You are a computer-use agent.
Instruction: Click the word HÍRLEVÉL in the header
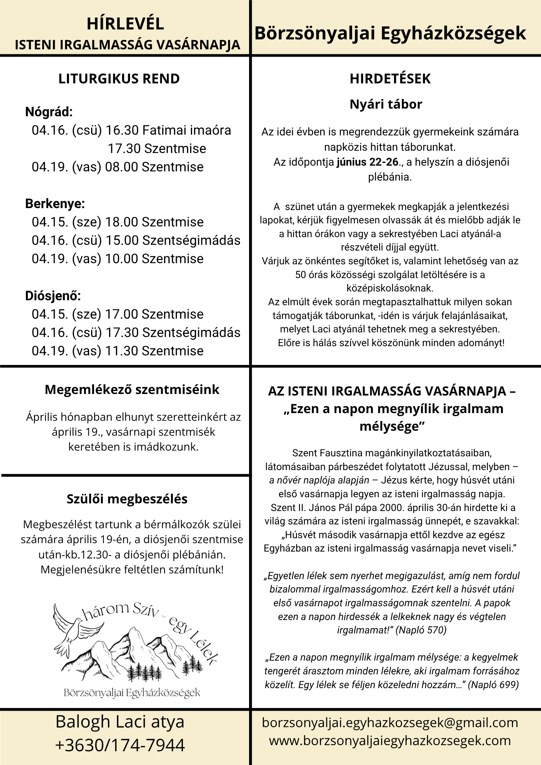tap(125, 24)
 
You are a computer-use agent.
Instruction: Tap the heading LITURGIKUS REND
tap(119, 79)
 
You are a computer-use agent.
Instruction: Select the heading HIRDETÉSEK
tap(390, 79)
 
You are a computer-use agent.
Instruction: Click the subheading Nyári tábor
tap(386, 104)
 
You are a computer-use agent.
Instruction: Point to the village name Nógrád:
tap(49, 112)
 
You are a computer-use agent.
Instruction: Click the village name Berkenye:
tap(55, 204)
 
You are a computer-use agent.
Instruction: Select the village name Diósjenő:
tap(53, 296)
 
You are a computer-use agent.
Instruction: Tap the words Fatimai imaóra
tap(187, 130)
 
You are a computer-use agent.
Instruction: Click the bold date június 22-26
tap(367, 162)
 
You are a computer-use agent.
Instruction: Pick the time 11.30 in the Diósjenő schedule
tap(122, 351)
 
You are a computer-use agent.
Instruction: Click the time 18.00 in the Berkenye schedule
tap(122, 222)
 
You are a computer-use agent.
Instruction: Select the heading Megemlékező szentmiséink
tap(132, 389)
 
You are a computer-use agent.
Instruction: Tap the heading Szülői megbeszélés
tap(127, 499)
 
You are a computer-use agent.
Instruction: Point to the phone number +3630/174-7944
tap(120, 745)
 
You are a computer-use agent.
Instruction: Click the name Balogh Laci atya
tap(120, 722)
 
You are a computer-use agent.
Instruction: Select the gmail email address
tap(390, 723)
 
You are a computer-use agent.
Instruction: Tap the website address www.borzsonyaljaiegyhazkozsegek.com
tap(390, 741)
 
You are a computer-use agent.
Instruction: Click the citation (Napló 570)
tap(421, 630)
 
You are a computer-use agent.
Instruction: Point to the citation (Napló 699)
tap(493, 684)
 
